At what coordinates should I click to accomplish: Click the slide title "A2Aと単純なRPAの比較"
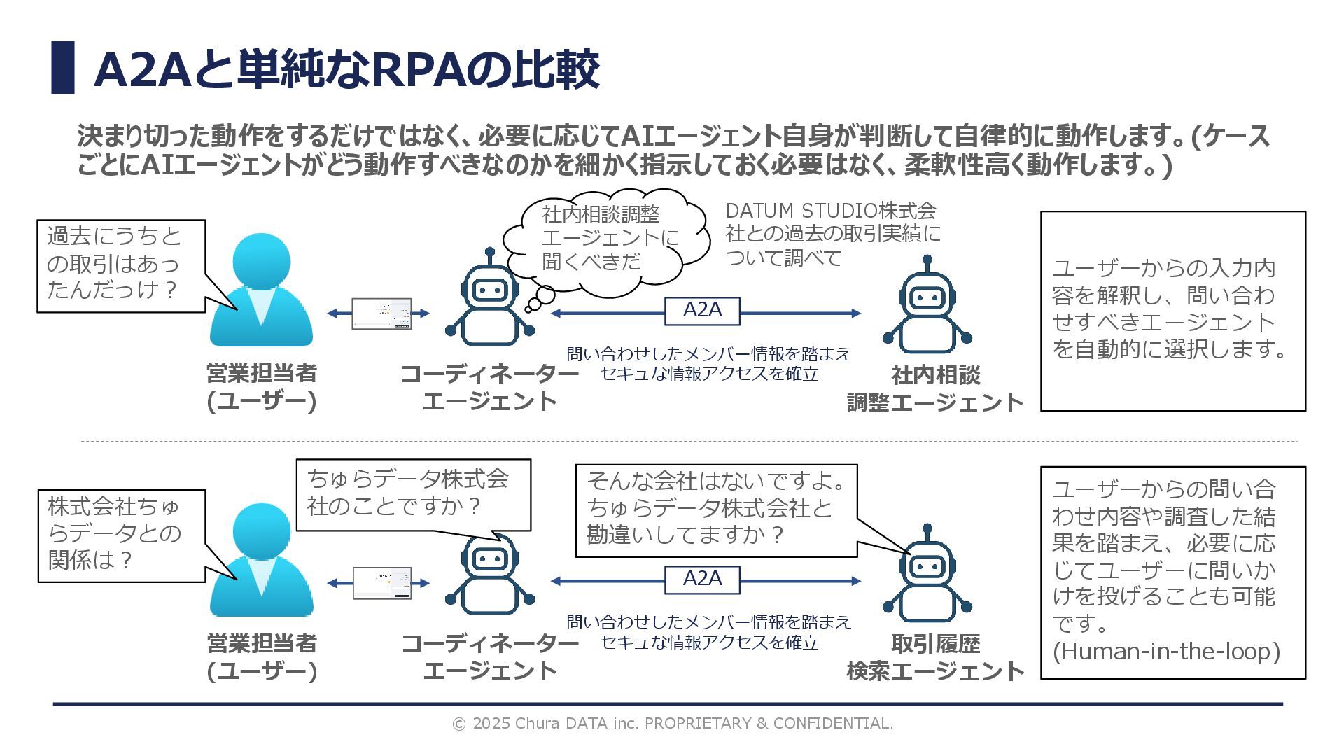tap(346, 69)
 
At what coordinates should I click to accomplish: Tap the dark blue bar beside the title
tap(63, 68)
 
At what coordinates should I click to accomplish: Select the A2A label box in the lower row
tap(702, 580)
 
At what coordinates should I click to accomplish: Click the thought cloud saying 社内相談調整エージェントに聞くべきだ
tap(602, 238)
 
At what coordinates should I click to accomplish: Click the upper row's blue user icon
tap(261, 290)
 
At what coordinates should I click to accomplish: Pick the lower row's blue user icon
tap(261, 560)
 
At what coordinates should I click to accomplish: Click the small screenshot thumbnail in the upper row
tap(381, 314)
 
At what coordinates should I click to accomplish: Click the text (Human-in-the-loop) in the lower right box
tap(1166, 652)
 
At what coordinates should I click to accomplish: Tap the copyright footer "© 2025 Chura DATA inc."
tap(673, 723)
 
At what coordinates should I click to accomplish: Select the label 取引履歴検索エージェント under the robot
tap(935, 657)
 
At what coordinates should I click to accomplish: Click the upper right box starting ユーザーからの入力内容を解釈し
tap(1172, 310)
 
